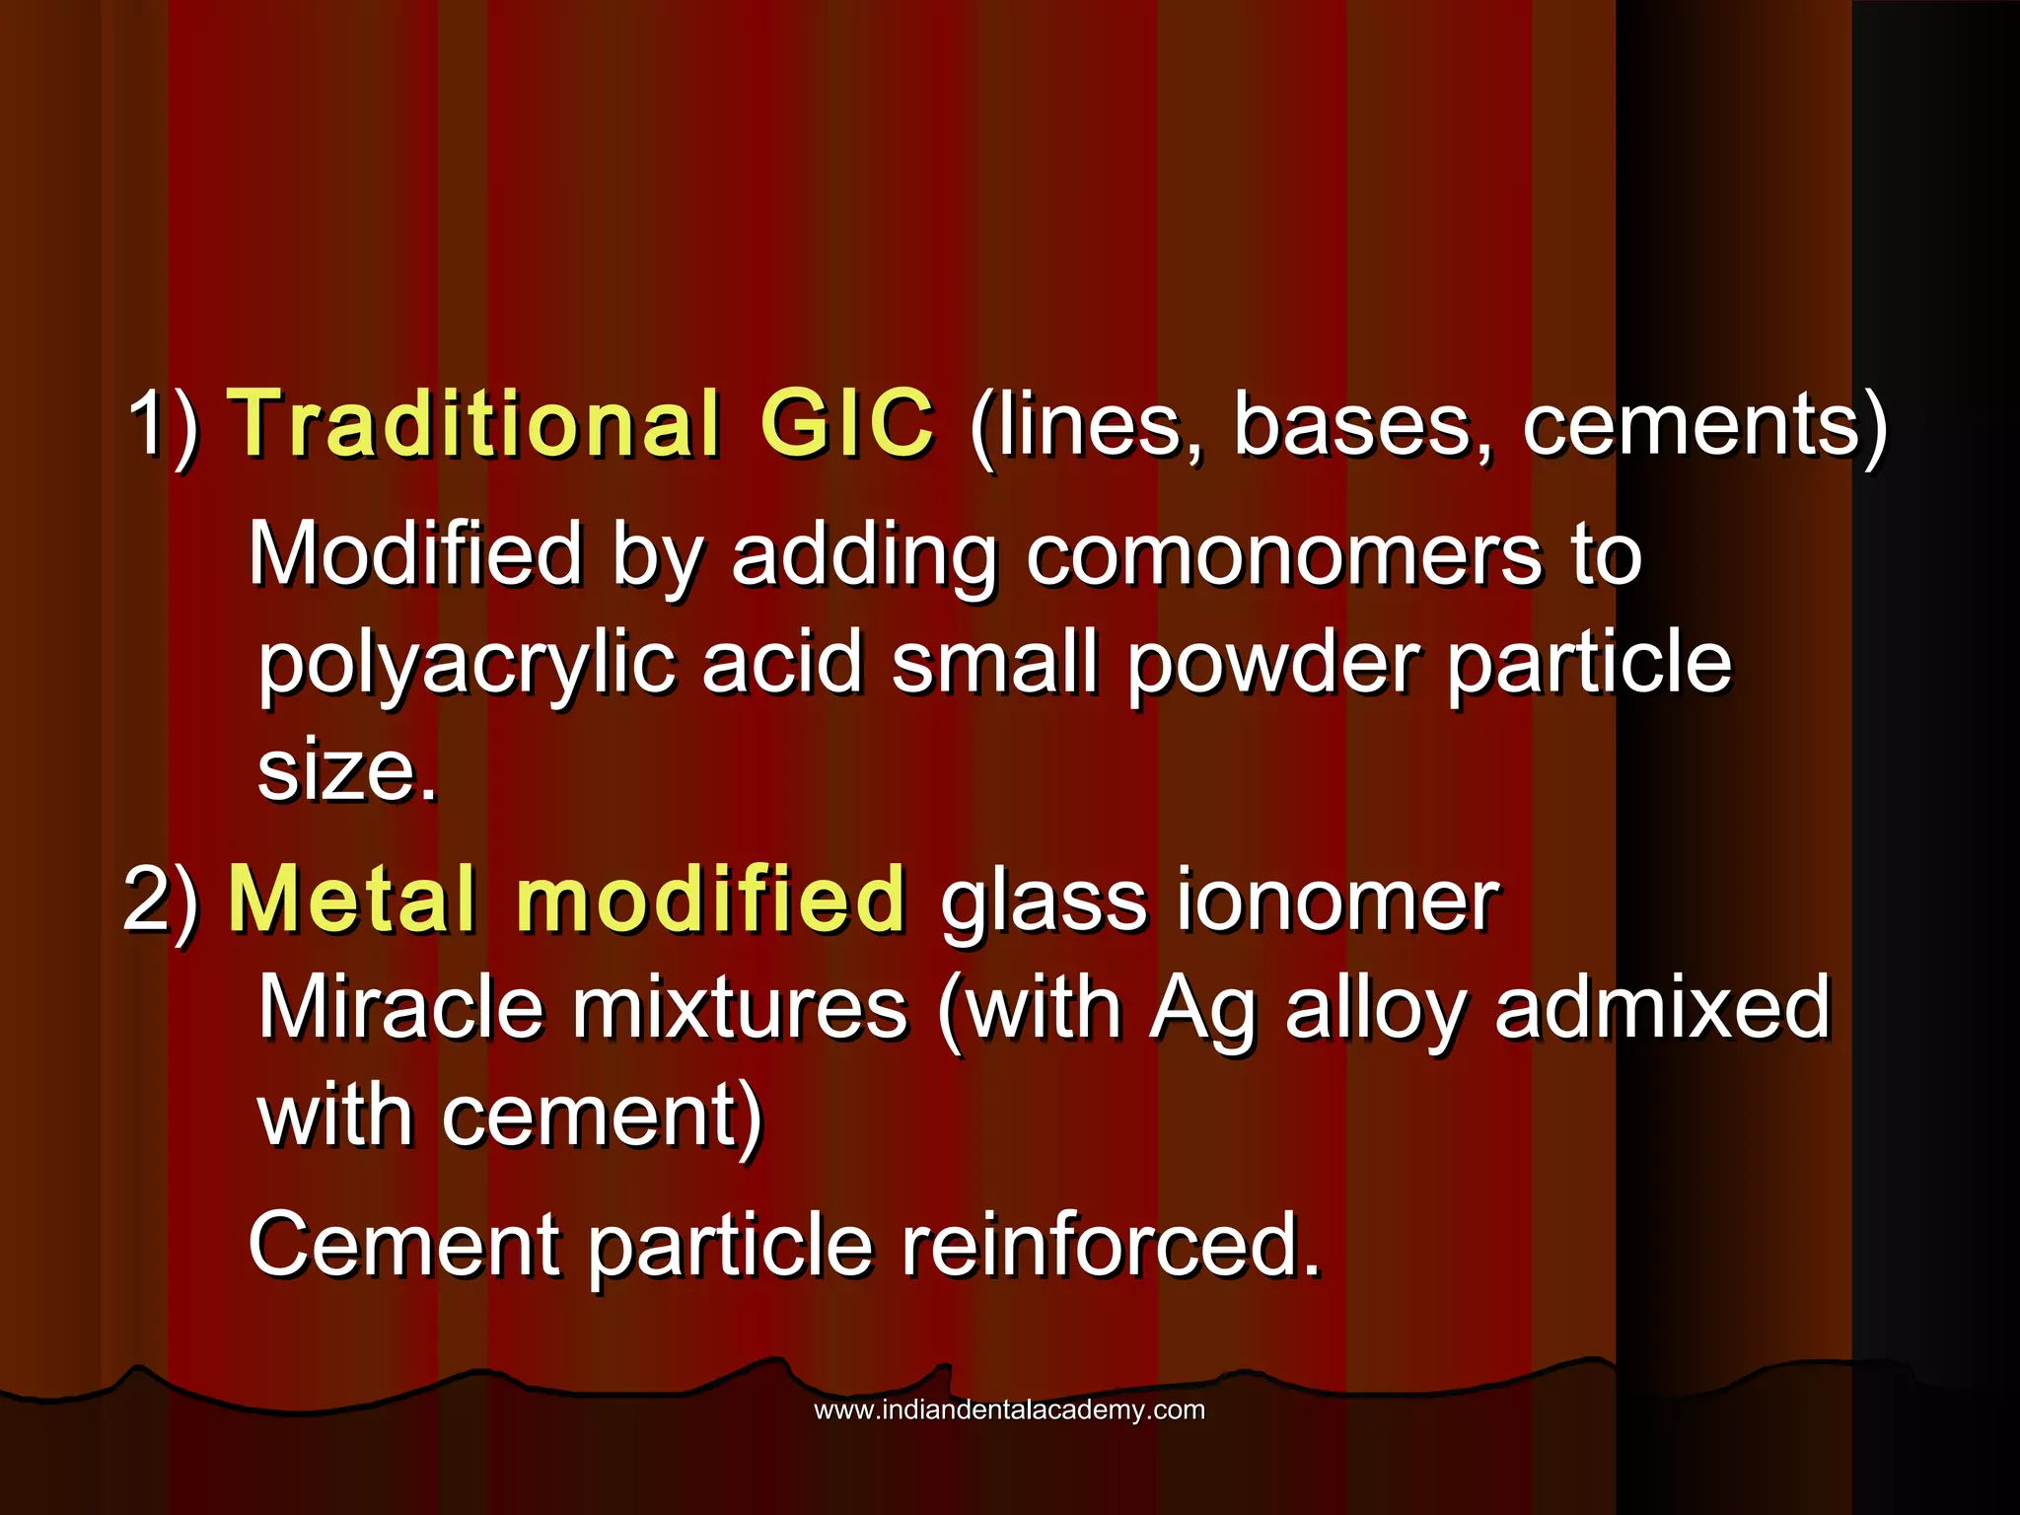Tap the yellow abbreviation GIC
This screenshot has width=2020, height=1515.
(x=846, y=424)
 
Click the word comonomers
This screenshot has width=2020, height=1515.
(x=1283, y=554)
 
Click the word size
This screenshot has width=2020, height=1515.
(x=345, y=770)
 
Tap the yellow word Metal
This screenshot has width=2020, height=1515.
(x=353, y=899)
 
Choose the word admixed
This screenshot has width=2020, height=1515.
(x=1662, y=1008)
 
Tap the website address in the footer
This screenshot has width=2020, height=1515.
(x=1009, y=1410)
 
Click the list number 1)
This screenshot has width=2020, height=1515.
(x=164, y=424)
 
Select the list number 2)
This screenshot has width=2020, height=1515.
(x=162, y=899)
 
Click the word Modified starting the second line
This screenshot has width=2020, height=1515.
(x=415, y=554)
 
